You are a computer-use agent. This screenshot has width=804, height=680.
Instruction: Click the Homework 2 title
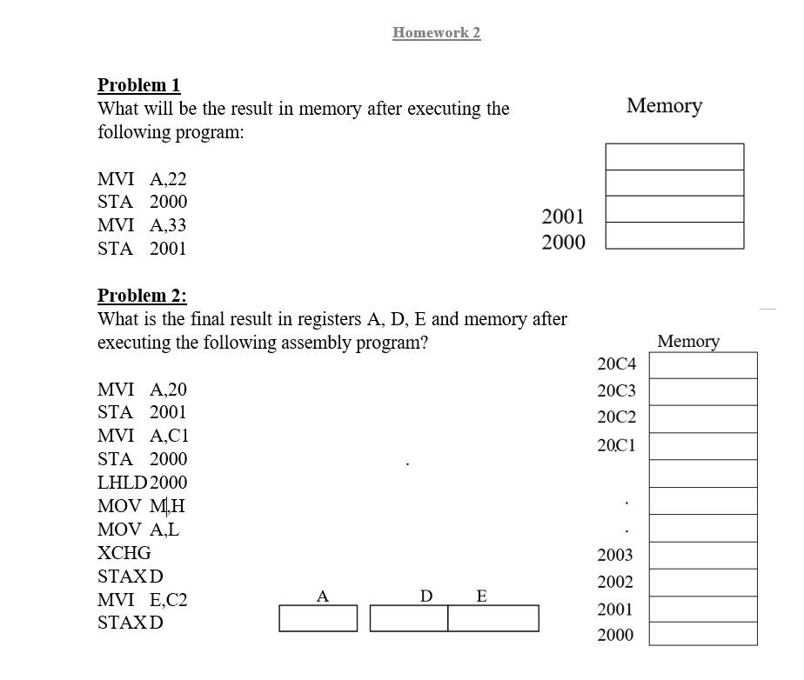point(436,33)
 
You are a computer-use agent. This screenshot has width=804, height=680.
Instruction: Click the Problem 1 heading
point(138,85)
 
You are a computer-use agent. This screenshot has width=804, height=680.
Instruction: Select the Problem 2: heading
point(142,296)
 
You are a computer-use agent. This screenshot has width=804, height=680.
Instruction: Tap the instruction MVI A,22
point(142,179)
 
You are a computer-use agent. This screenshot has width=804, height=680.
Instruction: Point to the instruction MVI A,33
point(142,225)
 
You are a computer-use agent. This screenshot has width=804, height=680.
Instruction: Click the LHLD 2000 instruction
point(142,483)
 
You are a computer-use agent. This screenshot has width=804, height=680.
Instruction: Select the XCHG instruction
point(124,553)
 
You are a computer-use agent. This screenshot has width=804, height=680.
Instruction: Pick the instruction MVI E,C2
point(142,600)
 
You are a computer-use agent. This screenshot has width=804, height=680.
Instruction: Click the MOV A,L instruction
point(138,530)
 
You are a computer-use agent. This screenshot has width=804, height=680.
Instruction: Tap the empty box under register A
point(318,618)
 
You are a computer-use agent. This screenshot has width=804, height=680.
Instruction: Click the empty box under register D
point(408,618)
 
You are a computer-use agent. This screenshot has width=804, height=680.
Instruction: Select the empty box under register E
point(492,618)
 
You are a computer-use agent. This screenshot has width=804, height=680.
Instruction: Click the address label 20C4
point(616,363)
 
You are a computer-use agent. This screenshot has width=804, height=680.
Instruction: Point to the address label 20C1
point(616,445)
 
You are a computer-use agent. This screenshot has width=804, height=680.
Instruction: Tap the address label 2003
point(614,555)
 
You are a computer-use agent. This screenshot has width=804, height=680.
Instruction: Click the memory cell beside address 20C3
point(702,392)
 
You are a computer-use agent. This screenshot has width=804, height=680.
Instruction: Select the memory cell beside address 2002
point(702,583)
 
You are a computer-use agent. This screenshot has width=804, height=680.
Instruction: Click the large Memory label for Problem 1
point(664,106)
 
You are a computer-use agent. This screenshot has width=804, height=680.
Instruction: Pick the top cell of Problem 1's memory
point(674,157)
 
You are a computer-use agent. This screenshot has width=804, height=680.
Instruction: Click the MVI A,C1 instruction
point(143,436)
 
